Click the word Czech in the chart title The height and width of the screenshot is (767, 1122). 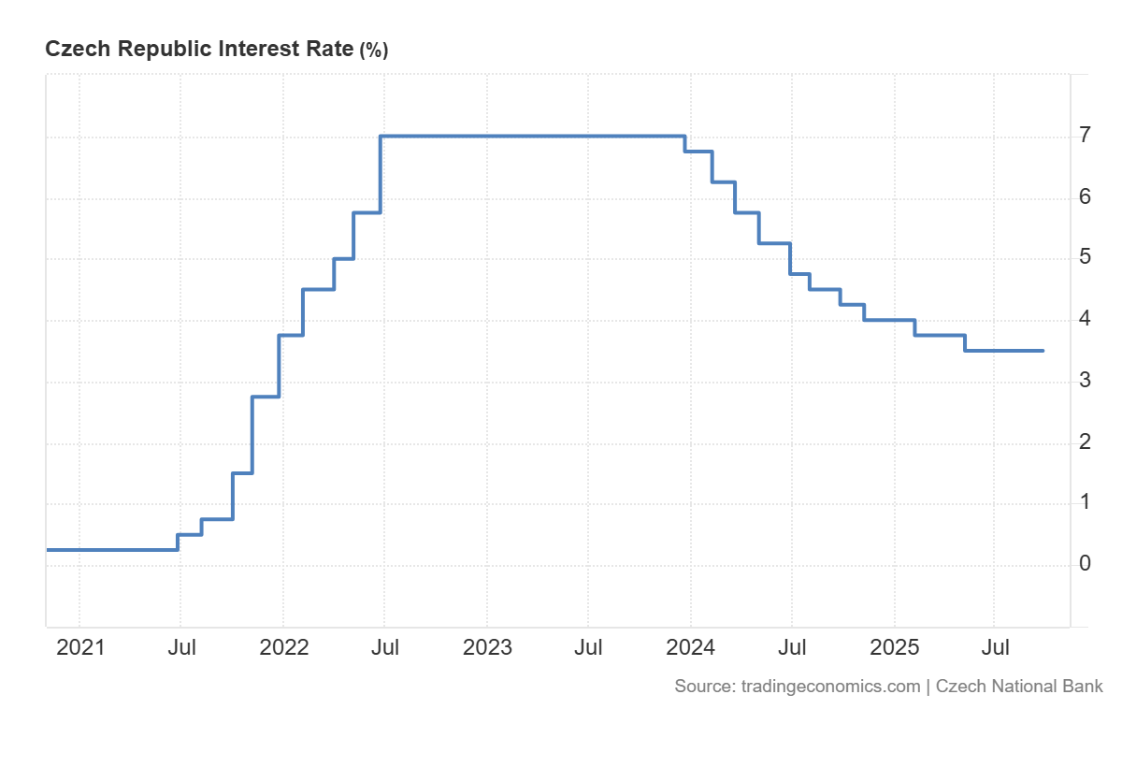coord(75,50)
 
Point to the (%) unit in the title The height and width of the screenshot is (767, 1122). coord(373,51)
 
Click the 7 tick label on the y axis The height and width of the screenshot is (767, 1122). coord(1085,136)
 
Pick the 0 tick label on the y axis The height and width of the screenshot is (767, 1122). coord(1085,563)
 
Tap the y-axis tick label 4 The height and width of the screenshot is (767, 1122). coord(1085,319)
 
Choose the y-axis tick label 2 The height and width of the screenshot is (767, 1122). coord(1085,441)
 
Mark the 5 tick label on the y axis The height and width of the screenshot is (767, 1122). coord(1085,257)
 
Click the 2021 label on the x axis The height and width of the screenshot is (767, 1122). coord(79,647)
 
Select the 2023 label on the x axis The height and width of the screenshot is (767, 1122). coord(487,647)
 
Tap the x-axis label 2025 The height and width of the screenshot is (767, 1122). coord(894,647)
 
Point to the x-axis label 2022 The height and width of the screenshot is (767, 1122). coord(283,647)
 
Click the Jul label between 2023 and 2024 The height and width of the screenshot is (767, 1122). coord(588,647)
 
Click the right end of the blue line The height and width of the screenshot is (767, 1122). coord(1043,351)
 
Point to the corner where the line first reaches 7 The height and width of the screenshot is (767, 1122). coord(381,137)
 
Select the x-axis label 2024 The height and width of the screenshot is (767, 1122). coord(690,647)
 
